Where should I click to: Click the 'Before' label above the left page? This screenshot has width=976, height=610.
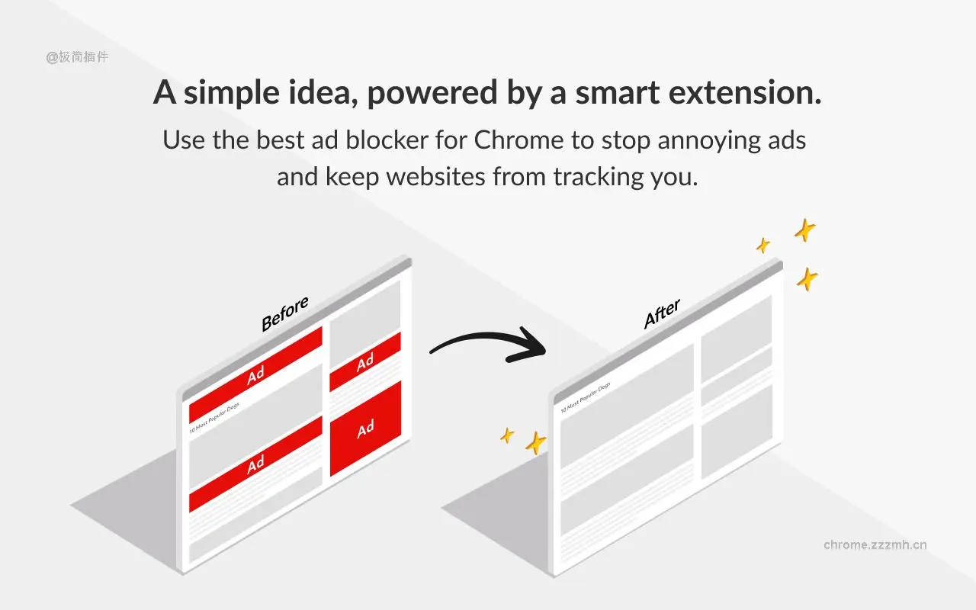tap(284, 314)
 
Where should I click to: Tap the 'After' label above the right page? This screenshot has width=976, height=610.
tap(662, 314)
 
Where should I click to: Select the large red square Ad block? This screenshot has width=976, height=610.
tap(365, 429)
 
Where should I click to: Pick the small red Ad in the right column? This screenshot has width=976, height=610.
tap(365, 362)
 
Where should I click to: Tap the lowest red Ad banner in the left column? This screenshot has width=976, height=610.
tap(255, 464)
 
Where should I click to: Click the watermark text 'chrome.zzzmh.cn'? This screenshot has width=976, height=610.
tap(875, 544)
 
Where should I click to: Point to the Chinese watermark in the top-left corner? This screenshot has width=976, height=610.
tap(77, 56)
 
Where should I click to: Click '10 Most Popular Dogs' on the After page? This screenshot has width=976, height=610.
tap(586, 398)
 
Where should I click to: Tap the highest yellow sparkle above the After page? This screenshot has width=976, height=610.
tap(804, 230)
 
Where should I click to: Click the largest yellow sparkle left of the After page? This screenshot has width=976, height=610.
tap(536, 442)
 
